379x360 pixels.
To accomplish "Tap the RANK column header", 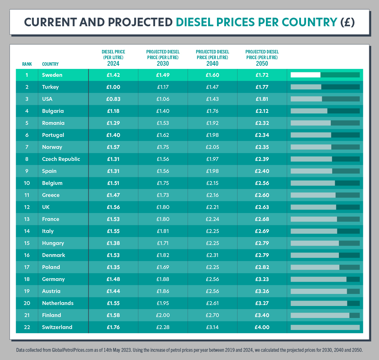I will click(27, 64).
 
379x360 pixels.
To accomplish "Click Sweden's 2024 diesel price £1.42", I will click(113, 75).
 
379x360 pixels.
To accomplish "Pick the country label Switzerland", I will click(57, 327).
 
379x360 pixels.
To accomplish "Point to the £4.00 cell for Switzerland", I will click(262, 327).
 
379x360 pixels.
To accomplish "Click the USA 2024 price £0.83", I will click(113, 99).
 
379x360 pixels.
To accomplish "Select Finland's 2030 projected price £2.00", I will click(163, 315).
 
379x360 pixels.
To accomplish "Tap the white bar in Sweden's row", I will click(305, 75).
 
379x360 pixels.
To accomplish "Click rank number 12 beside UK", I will click(27, 207).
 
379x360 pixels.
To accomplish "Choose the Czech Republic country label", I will click(61, 159).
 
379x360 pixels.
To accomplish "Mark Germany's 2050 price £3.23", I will click(262, 279).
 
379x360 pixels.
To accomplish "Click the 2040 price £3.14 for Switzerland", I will click(212, 327).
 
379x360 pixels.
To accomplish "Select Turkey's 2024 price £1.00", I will click(113, 87).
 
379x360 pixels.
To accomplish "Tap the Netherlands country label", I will click(58, 303).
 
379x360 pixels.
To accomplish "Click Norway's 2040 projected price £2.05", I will click(212, 147).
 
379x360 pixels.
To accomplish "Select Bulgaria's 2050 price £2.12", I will click(262, 111).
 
